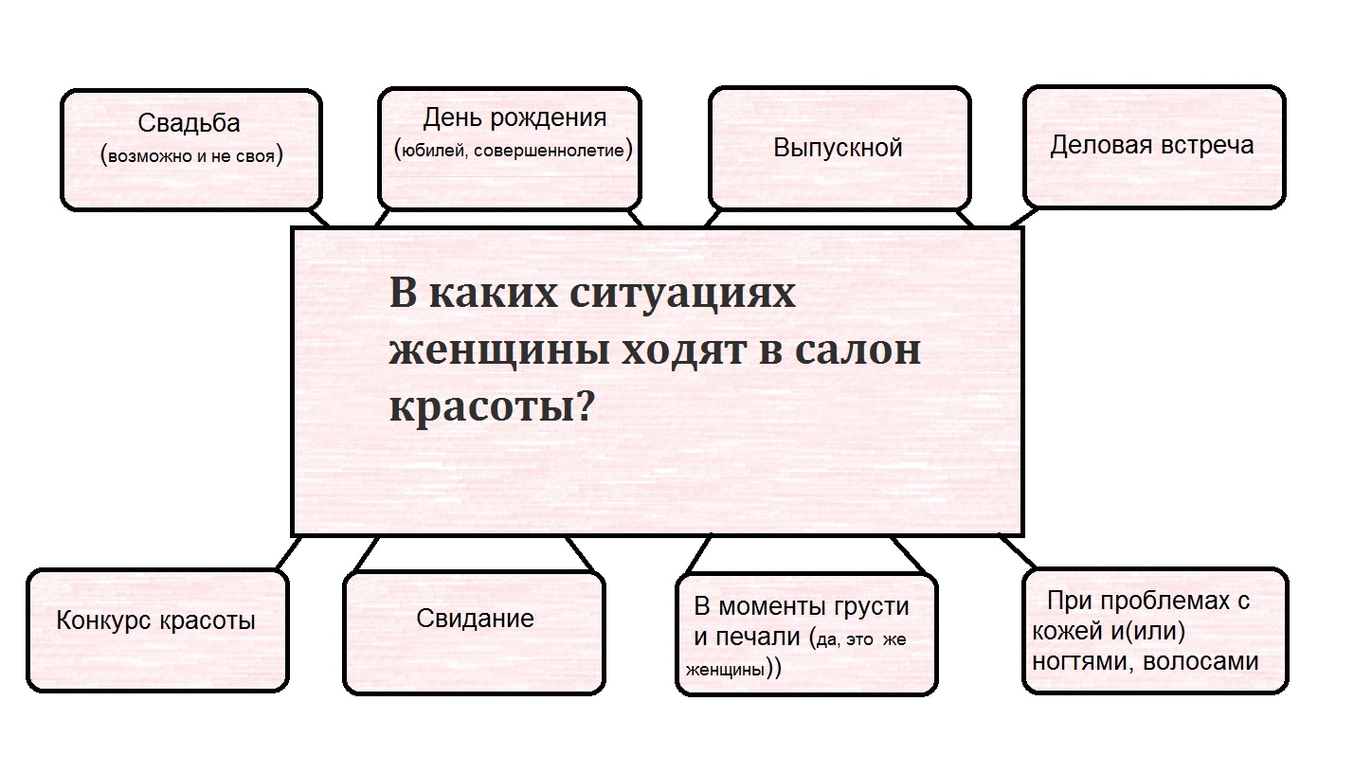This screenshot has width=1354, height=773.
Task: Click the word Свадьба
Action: [189, 123]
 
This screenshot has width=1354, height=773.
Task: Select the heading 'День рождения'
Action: [514, 118]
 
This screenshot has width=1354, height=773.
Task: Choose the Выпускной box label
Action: [838, 148]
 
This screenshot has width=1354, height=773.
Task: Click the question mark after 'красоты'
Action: [585, 407]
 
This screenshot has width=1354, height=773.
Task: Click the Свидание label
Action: [475, 619]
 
